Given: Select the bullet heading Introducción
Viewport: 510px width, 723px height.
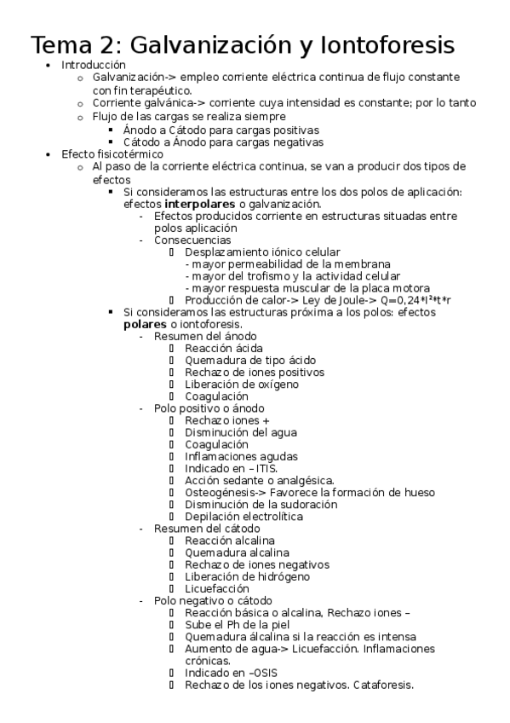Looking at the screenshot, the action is (x=94, y=65).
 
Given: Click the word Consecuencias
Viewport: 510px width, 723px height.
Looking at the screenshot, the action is (x=192, y=240).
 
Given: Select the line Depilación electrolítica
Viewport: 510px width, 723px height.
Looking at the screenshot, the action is (x=244, y=516).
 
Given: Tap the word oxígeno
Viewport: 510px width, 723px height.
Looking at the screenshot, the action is (x=271, y=384).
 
